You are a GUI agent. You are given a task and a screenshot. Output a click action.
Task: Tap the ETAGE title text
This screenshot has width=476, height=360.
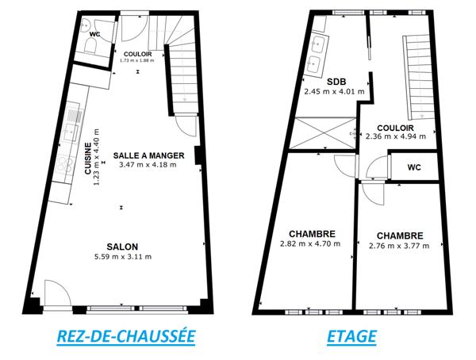coord(351,336)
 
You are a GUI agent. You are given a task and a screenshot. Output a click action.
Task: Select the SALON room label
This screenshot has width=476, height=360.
coord(124,246)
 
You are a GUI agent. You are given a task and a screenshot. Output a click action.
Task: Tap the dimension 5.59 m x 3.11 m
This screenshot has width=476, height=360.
coord(124,256)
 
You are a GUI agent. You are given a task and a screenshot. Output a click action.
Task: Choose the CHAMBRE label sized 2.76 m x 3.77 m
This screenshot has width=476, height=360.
coord(399,236)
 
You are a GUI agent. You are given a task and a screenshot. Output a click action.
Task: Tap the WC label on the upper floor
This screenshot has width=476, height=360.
coord(414,167)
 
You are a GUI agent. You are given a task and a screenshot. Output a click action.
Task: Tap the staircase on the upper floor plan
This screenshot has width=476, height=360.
coord(418,79)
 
